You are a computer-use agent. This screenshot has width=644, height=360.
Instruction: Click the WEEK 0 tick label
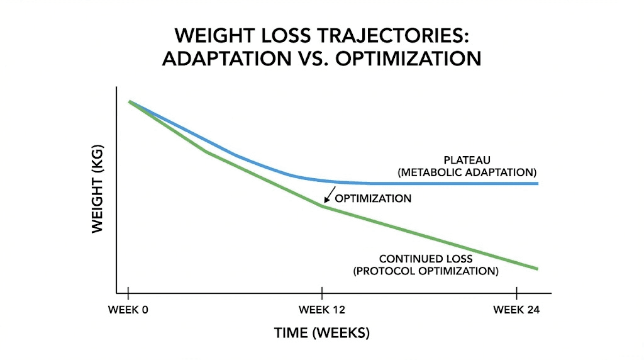[128, 310]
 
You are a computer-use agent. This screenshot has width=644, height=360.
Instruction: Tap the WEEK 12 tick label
[322, 310]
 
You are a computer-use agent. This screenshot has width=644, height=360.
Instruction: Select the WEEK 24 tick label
[516, 310]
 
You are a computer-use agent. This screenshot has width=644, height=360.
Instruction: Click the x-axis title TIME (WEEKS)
[322, 332]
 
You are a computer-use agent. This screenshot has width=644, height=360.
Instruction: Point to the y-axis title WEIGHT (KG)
[97, 190]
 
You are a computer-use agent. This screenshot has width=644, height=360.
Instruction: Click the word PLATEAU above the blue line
[467, 160]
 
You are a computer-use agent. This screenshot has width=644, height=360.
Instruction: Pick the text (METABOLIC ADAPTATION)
[467, 172]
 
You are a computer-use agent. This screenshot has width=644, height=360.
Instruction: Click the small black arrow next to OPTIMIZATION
[329, 195]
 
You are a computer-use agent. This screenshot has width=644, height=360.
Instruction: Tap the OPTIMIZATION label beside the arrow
[373, 199]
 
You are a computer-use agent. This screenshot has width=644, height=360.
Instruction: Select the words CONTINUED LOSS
[426, 259]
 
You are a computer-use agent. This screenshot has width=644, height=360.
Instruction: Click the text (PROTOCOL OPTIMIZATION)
[426, 271]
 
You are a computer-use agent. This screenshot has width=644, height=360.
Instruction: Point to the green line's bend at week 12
[323, 206]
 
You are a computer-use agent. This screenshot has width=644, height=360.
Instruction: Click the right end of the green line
[537, 268]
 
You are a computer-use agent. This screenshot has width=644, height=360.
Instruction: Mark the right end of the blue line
[537, 183]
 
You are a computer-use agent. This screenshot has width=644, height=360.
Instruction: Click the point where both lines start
[130, 101]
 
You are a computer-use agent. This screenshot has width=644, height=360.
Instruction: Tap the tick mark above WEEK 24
[516, 293]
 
